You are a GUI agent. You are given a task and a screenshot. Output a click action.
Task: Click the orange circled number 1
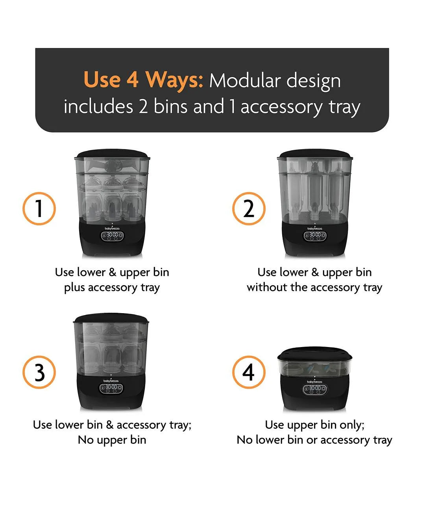(39, 209)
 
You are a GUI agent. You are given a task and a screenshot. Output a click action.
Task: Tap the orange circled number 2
(249, 209)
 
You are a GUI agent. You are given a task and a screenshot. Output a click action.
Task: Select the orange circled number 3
(39, 372)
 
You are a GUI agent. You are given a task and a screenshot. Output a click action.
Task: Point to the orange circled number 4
(249, 372)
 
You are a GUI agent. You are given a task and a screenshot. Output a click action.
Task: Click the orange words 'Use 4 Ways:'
(143, 80)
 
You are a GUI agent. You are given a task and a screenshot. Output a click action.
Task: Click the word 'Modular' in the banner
(245, 81)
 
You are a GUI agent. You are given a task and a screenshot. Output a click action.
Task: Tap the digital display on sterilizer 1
(112, 236)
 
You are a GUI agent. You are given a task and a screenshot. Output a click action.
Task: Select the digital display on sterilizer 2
(315, 236)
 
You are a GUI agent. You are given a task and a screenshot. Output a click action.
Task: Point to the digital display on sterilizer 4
(314, 389)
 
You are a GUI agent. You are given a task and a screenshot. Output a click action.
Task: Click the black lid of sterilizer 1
(112, 154)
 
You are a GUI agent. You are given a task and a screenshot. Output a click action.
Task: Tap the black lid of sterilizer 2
(315, 154)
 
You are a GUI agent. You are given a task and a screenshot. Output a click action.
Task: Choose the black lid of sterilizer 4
(314, 354)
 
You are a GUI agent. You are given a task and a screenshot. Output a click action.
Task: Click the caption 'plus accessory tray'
(112, 288)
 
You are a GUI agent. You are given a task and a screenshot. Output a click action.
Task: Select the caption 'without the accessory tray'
(314, 288)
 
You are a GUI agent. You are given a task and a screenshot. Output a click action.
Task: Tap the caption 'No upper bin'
(112, 440)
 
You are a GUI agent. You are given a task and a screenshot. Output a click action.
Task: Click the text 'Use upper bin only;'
(314, 425)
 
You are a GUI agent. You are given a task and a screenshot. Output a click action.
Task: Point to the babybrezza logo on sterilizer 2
(315, 228)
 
